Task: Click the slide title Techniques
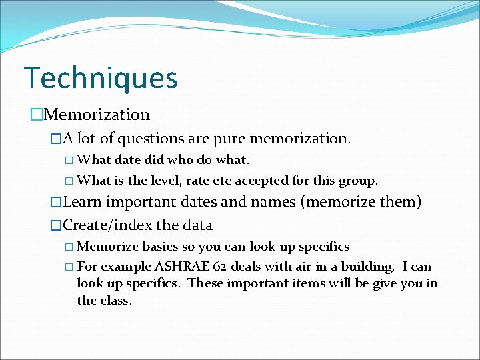pyautogui.click(x=101, y=78)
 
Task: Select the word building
pyautogui.click(x=371, y=267)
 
